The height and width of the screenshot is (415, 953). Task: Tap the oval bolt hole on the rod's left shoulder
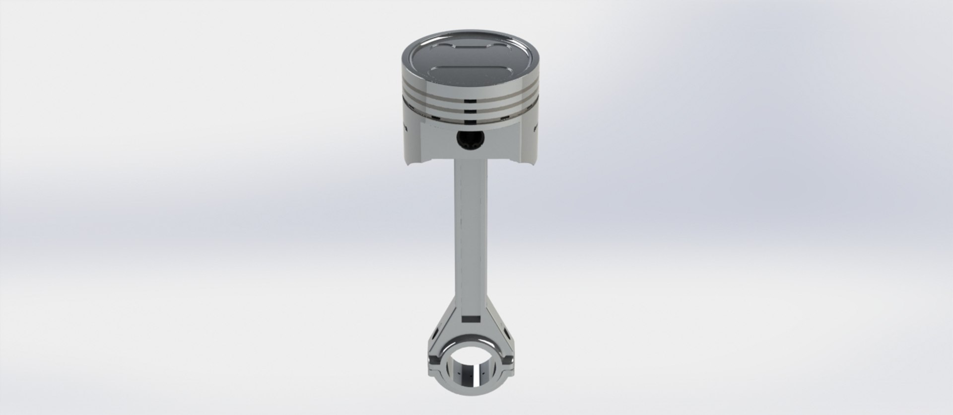click(435, 331)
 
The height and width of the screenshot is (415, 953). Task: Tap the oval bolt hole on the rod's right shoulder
click(505, 331)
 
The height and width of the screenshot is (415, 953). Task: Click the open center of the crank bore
click(470, 363)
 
